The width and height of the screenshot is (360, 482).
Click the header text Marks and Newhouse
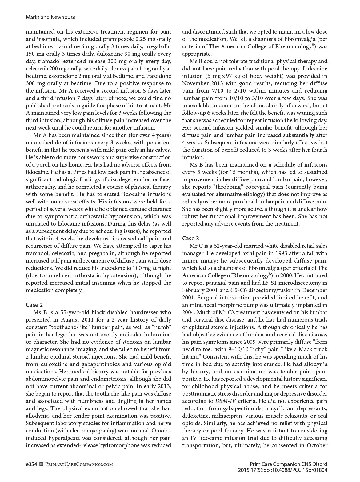point(50,17)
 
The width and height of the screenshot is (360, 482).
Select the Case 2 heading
point(34,305)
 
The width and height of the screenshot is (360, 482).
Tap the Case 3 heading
point(190,239)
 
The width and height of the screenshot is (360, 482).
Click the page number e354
point(31,464)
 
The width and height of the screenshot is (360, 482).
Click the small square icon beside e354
point(42,464)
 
